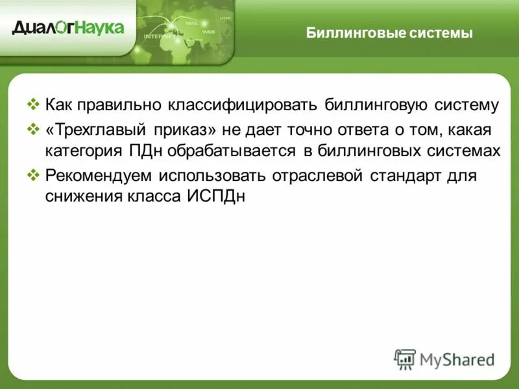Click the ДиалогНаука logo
click(67, 27)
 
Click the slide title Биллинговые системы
click(389, 33)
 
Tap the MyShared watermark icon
click(405, 359)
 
